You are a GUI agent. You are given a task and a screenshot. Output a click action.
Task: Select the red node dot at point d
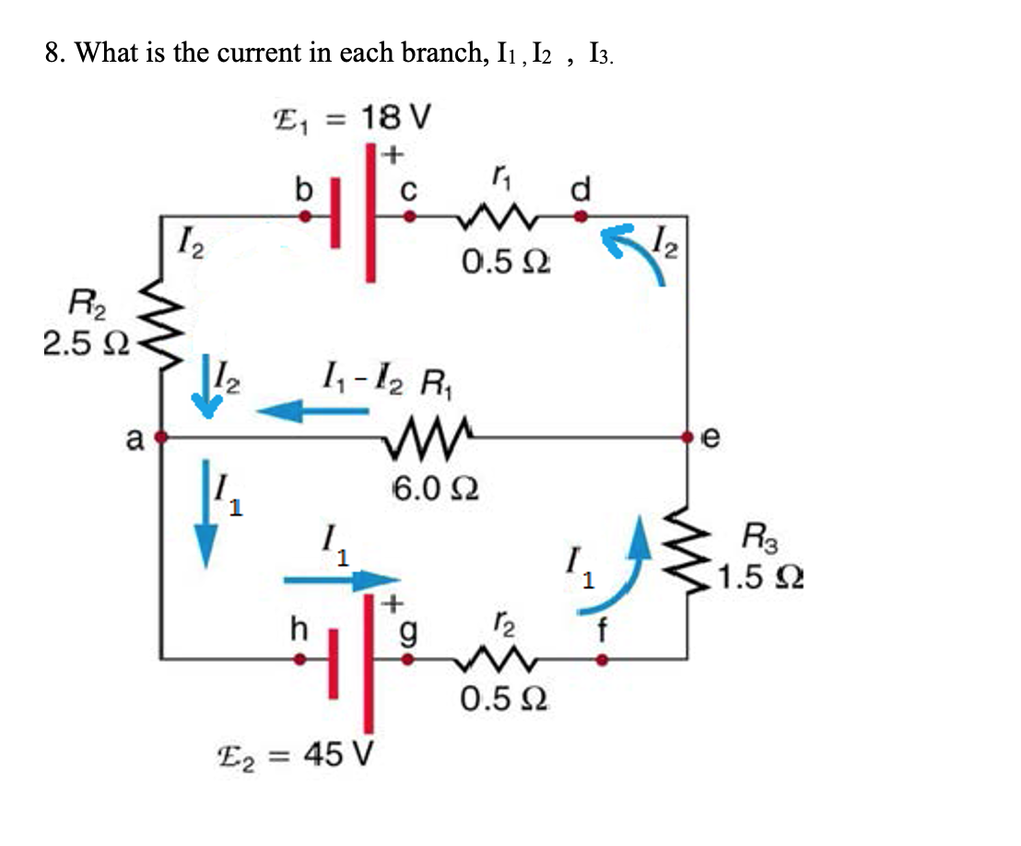coord(581,217)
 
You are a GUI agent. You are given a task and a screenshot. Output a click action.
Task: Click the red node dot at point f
coord(602,659)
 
